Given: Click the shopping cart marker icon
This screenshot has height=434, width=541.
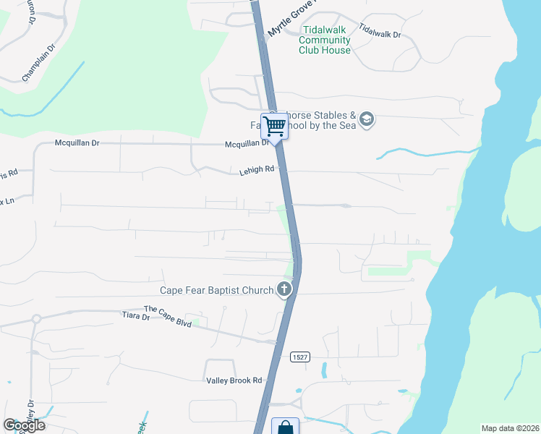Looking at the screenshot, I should point(274,127).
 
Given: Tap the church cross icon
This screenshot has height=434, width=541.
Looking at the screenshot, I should point(284,290).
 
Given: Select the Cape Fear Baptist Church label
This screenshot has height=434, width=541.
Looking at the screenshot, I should point(217,291).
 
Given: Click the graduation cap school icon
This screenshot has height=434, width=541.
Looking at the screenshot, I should point(367,119).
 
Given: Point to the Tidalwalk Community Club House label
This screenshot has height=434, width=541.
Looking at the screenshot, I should point(325,41).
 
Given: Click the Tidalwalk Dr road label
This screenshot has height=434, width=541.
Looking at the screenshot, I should point(380,33).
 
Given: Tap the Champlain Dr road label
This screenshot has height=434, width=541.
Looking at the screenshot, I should point(38,64).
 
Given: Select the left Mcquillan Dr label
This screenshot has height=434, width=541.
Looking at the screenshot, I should point(76,143).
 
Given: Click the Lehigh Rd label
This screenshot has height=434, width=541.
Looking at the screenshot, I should point(257,171).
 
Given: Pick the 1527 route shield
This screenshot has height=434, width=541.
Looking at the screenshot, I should point(301,357).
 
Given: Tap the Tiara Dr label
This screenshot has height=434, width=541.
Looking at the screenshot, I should point(135,316).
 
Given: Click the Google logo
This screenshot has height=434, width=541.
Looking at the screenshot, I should point(24,425).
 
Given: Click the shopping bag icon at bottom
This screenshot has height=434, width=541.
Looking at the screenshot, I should point(285,427).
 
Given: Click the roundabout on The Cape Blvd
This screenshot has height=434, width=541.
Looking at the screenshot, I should point(35,318).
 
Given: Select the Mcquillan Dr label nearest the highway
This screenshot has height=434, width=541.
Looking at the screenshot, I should point(247,143).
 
